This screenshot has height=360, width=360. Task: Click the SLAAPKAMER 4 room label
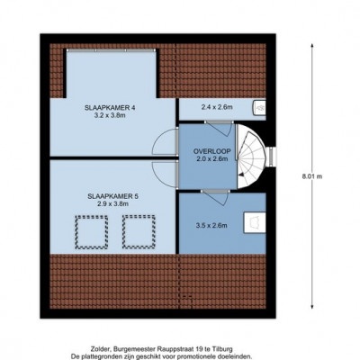pyautogui.click(x=109, y=108)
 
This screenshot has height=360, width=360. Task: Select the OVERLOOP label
pyautogui.click(x=212, y=151)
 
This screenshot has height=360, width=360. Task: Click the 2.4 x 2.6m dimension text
pyautogui.click(x=217, y=107)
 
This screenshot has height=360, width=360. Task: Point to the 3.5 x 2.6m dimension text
pyautogui.click(x=211, y=225)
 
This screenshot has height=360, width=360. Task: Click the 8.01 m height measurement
pyautogui.click(x=312, y=176)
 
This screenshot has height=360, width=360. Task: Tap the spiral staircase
pyautogui.click(x=251, y=157)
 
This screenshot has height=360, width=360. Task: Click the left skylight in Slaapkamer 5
pyautogui.click(x=92, y=232)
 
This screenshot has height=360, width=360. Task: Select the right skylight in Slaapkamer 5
pyautogui.click(x=139, y=232)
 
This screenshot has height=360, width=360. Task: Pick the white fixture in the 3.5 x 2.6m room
pyautogui.click(x=255, y=222)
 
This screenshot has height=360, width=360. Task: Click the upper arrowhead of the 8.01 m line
pyautogui.click(x=312, y=46)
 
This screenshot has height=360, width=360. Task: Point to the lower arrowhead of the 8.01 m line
pyautogui.click(x=312, y=307)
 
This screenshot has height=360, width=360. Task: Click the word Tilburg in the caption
pyautogui.click(x=224, y=349)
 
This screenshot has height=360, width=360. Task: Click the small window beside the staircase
pyautogui.click(x=272, y=157)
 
